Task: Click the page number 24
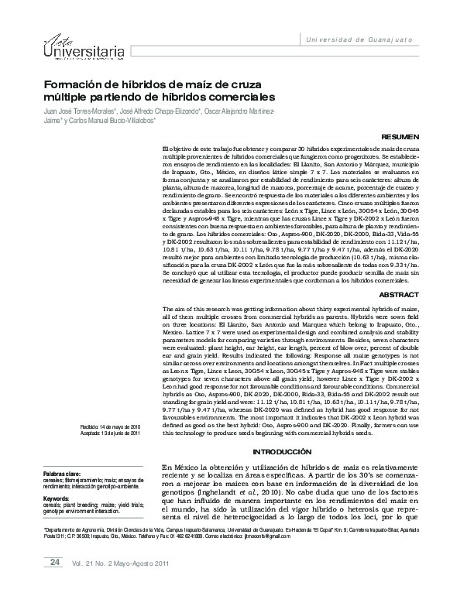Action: click(x=55, y=583)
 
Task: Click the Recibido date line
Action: click(x=111, y=426)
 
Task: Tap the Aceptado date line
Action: click(x=111, y=433)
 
